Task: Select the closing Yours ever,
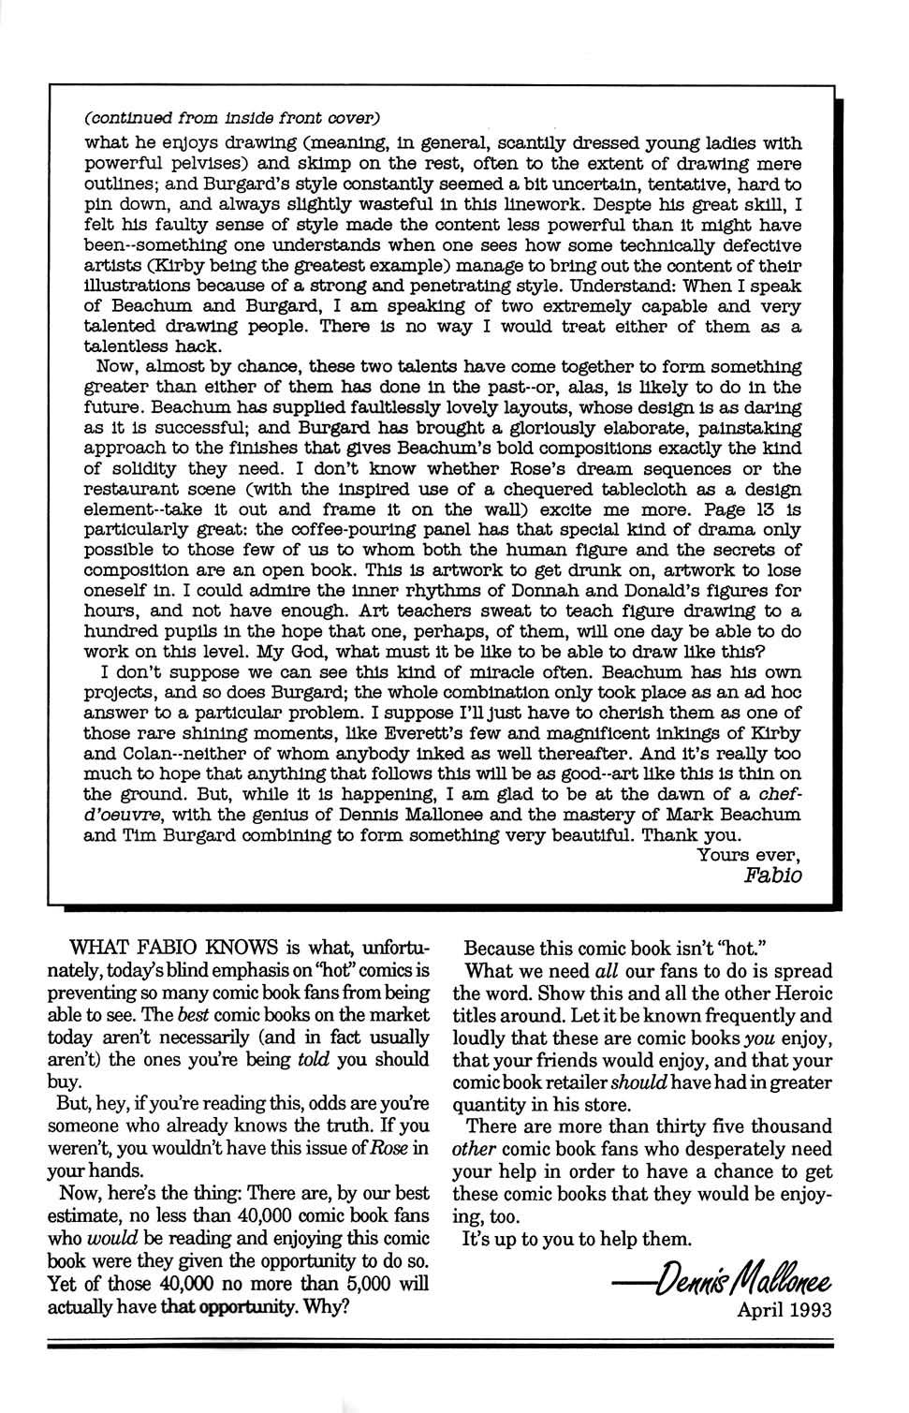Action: pyautogui.click(x=749, y=855)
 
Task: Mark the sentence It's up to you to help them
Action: pyautogui.click(x=578, y=1239)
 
